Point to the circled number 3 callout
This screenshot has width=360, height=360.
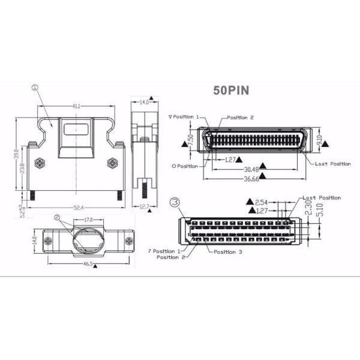point(175,202)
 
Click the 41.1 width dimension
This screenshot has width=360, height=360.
point(77,106)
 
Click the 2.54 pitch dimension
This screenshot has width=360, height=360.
point(262,202)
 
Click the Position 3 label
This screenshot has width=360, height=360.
point(227,252)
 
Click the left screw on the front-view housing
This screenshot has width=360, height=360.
point(40,163)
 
